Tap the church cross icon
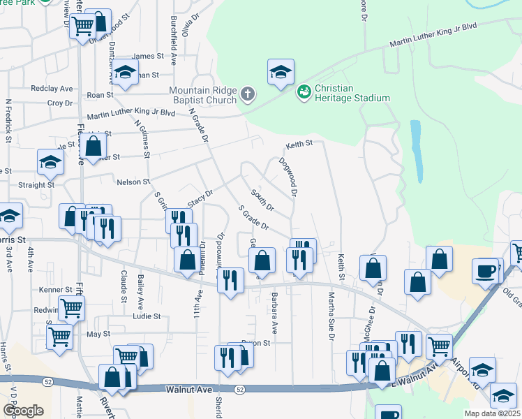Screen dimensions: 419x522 click(x=248, y=94)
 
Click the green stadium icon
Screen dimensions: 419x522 click(x=304, y=91)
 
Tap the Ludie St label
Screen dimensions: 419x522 click(x=147, y=316)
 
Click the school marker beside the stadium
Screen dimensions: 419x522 click(x=281, y=71)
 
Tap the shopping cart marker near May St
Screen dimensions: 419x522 click(x=59, y=336)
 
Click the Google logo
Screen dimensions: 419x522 click(x=23, y=411)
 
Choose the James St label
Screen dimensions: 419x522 click(x=147, y=57)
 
